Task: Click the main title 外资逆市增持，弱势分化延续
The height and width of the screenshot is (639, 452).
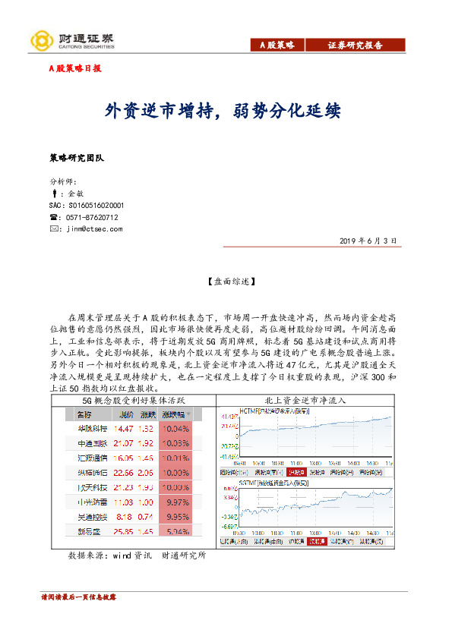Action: [223, 111]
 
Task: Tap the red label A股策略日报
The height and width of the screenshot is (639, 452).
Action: [74, 68]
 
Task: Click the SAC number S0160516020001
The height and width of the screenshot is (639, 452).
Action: [86, 205]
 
